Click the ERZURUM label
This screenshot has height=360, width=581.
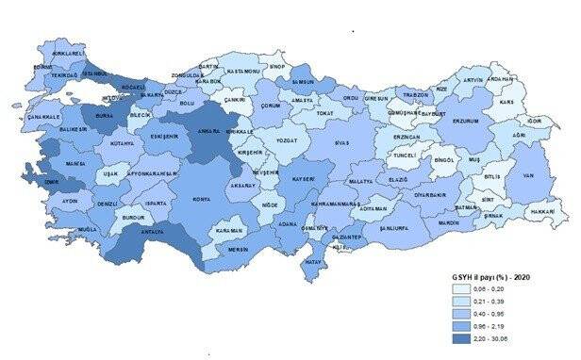coord(468,122)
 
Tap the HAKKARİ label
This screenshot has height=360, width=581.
coord(542,213)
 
